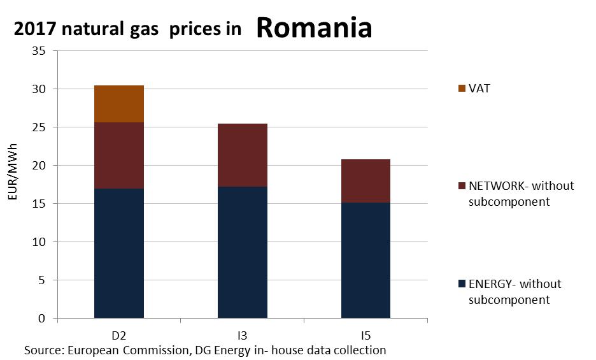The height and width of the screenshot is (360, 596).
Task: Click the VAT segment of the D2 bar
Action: point(118,104)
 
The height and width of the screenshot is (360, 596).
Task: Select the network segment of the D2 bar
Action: point(118,155)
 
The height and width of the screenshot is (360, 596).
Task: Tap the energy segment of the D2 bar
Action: point(118,253)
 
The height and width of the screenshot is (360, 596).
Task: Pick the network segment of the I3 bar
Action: point(242,155)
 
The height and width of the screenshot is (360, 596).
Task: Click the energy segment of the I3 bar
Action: point(242,252)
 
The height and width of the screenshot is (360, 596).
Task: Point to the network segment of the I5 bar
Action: point(365,181)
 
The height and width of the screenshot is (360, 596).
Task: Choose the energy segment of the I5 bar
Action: point(365,260)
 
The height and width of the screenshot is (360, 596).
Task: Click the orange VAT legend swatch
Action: point(462,89)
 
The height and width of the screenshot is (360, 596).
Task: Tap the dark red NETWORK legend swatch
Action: point(462,187)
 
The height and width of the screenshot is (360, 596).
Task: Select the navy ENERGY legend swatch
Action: point(462,284)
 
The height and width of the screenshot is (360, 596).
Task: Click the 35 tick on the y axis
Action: point(39,51)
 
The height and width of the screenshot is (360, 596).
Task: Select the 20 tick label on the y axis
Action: point(39,166)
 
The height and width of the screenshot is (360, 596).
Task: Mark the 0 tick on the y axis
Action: point(42,318)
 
